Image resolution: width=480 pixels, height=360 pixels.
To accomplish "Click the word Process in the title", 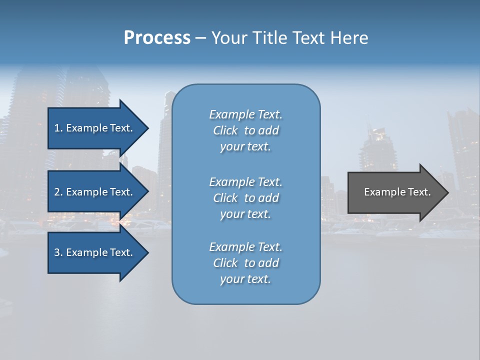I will point(157,38).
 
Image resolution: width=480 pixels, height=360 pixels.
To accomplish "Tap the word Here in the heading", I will point(349,38).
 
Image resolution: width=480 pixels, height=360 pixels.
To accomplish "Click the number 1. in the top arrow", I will point(58,128).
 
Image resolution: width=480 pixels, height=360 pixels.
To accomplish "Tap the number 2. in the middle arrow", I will point(58,192).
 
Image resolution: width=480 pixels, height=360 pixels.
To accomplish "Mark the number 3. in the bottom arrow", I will point(58,252).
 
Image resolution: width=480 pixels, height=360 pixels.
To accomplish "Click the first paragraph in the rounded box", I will point(245,130).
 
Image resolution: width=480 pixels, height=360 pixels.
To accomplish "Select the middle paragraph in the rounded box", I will point(245,197).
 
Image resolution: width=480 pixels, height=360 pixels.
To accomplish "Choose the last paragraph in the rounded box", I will point(245,263).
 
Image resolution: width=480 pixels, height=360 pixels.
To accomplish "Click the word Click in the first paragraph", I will point(225,130).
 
